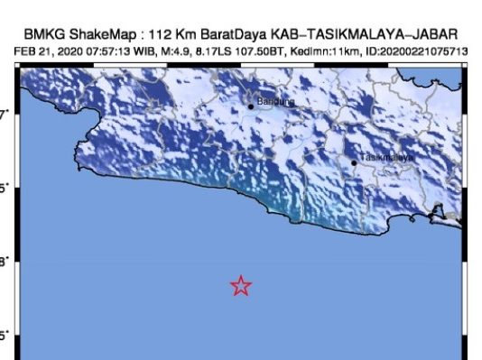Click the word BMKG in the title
(42, 34)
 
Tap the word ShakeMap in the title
(100, 34)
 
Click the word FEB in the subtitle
(26, 51)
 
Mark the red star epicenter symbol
(241, 286)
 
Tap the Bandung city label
(275, 102)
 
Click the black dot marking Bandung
(252, 106)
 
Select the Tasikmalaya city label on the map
(386, 158)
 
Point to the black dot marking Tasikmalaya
(355, 162)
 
